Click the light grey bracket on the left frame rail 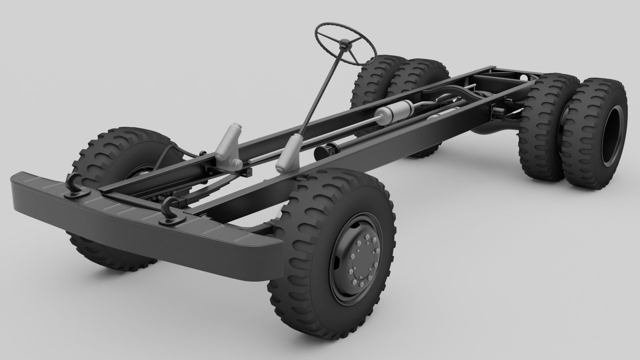click(x=230, y=143)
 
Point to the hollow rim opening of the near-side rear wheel click(x=613, y=133)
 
